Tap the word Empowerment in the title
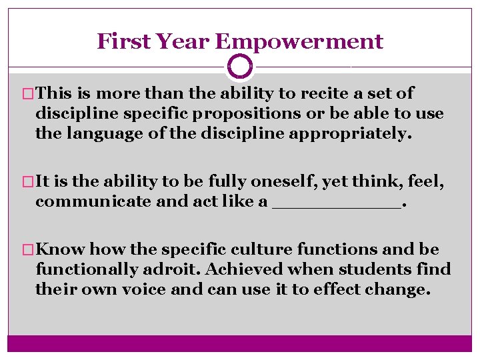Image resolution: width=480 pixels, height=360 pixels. click(299, 41)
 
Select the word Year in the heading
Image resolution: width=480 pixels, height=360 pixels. click(181, 41)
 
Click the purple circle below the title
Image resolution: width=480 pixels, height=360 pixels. click(240, 67)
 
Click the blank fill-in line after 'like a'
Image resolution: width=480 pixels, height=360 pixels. click(337, 205)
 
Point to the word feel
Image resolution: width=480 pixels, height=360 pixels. click(411, 181)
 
